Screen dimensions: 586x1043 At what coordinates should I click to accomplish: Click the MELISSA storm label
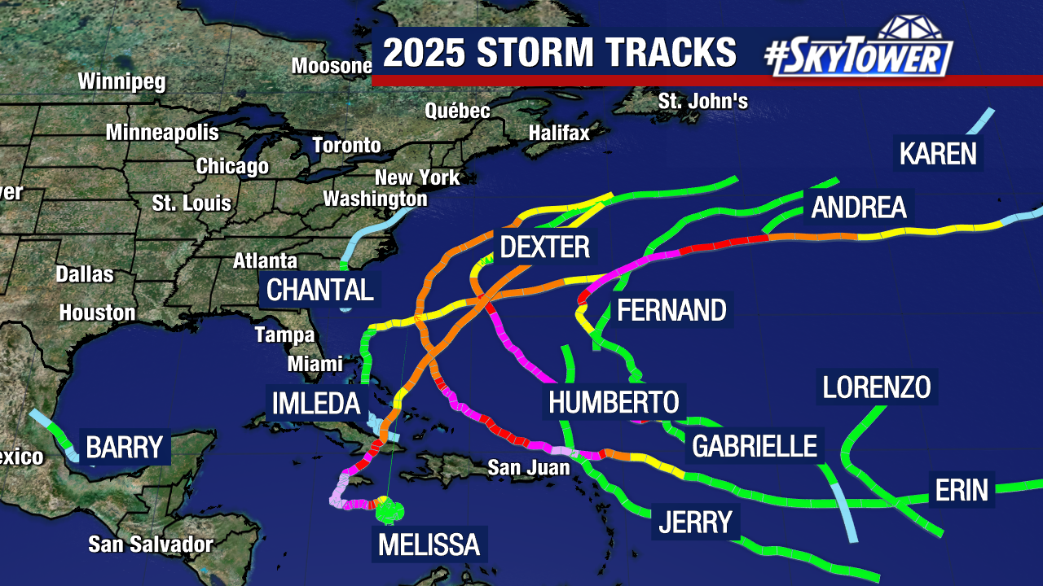tap(429, 544)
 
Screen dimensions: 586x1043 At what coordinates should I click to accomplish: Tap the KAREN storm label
tap(938, 153)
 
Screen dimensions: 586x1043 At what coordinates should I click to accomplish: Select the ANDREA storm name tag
tap(859, 208)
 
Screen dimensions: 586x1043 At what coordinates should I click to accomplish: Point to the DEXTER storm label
tap(544, 247)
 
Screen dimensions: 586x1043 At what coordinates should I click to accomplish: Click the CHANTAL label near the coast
tap(320, 290)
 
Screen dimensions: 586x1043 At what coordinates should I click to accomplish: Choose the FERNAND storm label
tap(671, 310)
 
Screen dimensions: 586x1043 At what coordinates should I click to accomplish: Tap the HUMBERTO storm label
tap(614, 402)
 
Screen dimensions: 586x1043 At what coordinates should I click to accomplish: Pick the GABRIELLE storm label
tap(754, 446)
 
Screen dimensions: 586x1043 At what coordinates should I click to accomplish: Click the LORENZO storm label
tap(877, 387)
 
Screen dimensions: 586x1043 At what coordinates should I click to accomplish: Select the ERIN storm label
tap(962, 490)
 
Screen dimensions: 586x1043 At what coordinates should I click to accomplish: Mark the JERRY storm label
tap(695, 522)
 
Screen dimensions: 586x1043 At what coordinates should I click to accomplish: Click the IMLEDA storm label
tap(316, 402)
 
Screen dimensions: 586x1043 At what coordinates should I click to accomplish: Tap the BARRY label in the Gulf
tap(125, 446)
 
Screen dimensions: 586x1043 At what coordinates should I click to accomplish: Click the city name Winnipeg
tap(121, 81)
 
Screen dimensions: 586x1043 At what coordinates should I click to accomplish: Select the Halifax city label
tap(558, 132)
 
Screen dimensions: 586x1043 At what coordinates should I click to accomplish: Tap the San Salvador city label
tap(151, 544)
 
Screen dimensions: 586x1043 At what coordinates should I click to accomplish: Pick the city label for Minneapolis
tap(162, 132)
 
